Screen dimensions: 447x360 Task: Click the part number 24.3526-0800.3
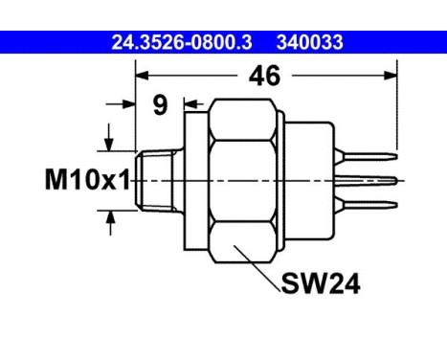click(x=182, y=42)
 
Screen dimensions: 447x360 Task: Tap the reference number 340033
click(x=310, y=42)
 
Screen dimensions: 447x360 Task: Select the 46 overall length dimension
click(x=264, y=76)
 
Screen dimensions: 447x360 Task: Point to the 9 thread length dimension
click(x=160, y=104)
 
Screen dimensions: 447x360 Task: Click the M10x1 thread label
click(x=87, y=180)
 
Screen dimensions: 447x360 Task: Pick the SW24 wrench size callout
click(x=321, y=283)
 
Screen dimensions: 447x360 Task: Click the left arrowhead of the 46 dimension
click(x=142, y=76)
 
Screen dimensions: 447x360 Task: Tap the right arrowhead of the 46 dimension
click(x=391, y=76)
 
